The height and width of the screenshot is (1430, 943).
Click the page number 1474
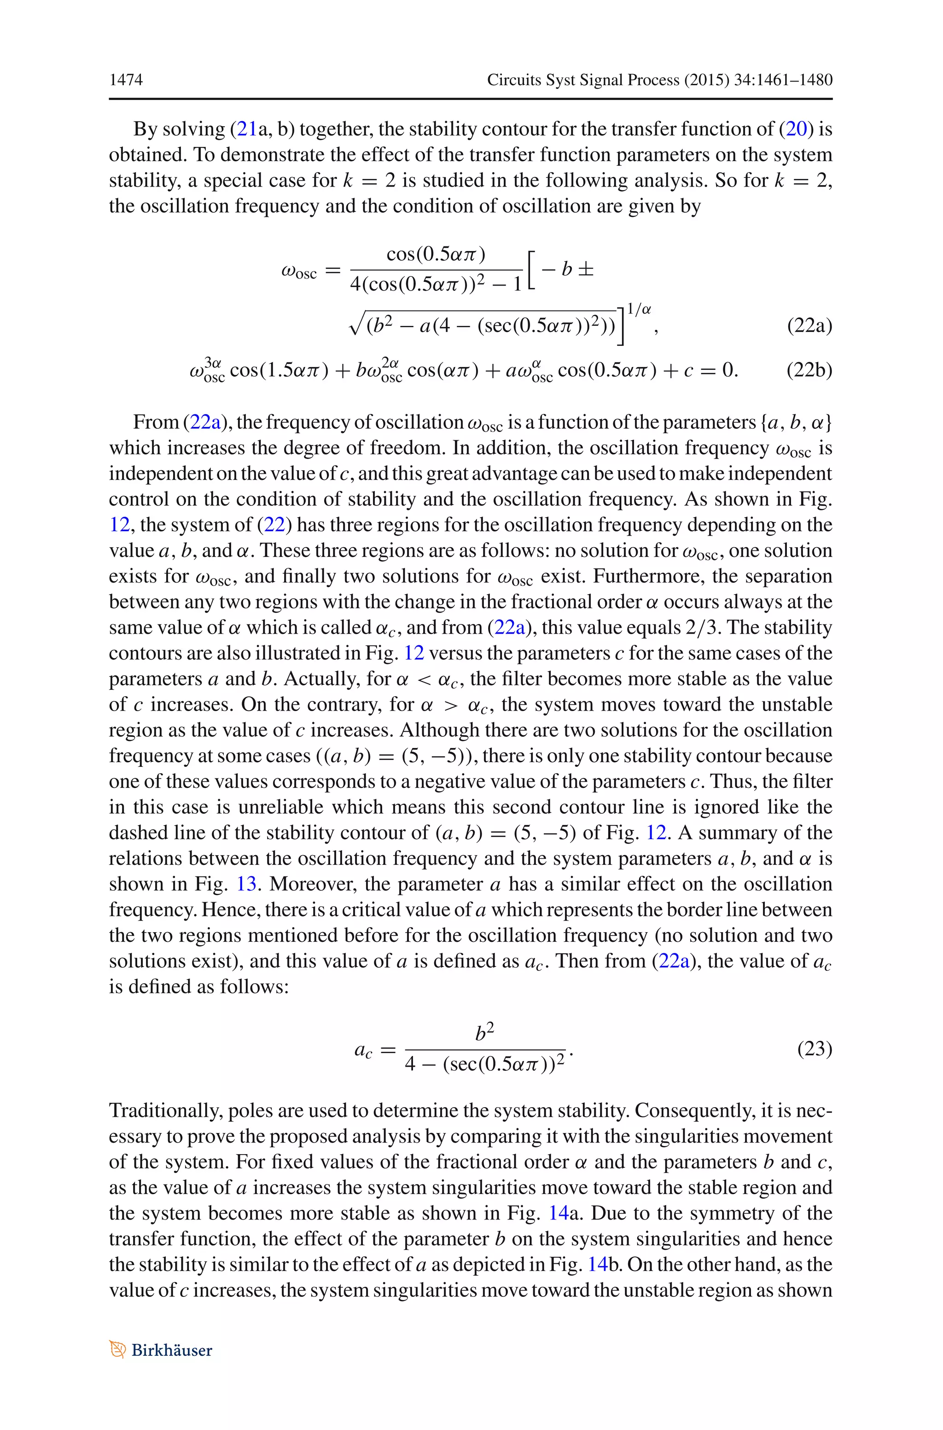[x=126, y=79]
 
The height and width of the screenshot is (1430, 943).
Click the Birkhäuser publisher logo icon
[x=117, y=1349]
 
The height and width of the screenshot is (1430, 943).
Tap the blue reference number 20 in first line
[x=796, y=128]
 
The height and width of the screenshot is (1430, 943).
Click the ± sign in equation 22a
[x=586, y=269]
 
